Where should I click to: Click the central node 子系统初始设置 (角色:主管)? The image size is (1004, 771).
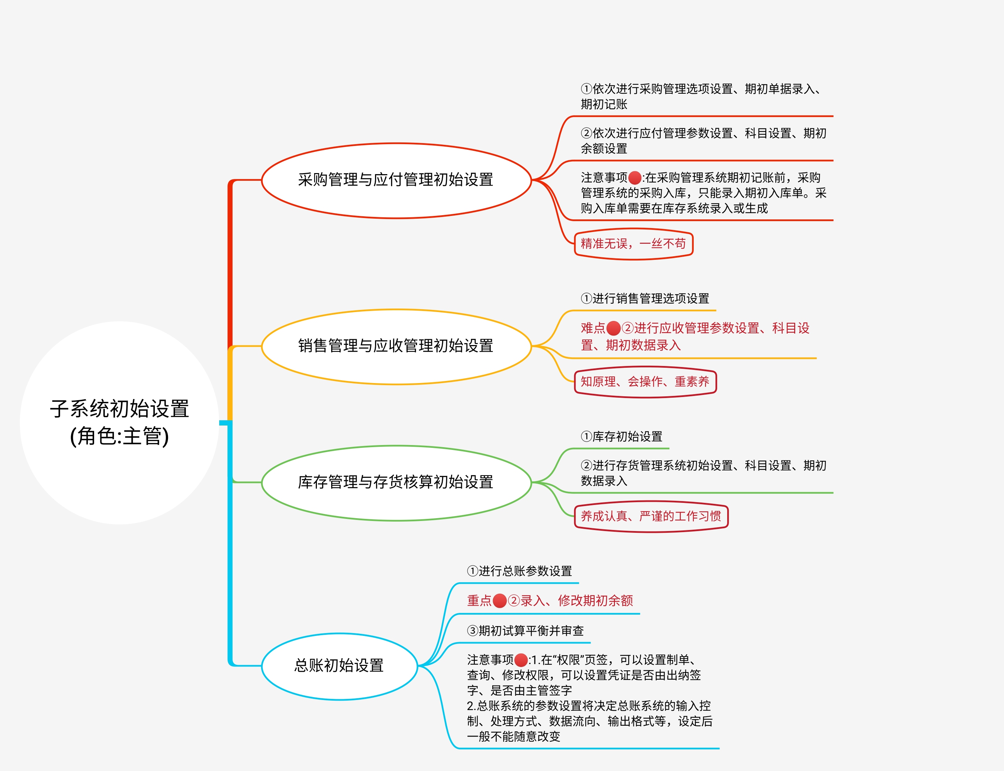pos(120,422)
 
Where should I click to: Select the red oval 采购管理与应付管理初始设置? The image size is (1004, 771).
pos(396,180)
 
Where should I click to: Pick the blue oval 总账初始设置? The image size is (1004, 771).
pos(339,666)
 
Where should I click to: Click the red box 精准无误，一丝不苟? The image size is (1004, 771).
pos(633,244)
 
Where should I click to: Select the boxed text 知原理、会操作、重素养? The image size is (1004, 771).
pos(645,382)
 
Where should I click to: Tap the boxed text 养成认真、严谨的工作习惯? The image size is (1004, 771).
pos(651,517)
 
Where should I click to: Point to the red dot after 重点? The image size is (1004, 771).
pos(500,601)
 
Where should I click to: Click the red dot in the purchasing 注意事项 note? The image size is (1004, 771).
pos(635,178)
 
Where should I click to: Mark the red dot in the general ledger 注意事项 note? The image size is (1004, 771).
pos(521,660)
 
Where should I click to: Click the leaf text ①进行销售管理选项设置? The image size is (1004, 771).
pos(645,299)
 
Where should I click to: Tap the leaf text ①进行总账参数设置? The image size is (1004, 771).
pos(519,571)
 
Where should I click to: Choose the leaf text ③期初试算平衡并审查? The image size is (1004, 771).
pos(525,631)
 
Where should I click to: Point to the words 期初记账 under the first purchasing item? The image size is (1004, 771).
pos(604,104)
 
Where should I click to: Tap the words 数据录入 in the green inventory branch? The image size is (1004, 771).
pos(604,481)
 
